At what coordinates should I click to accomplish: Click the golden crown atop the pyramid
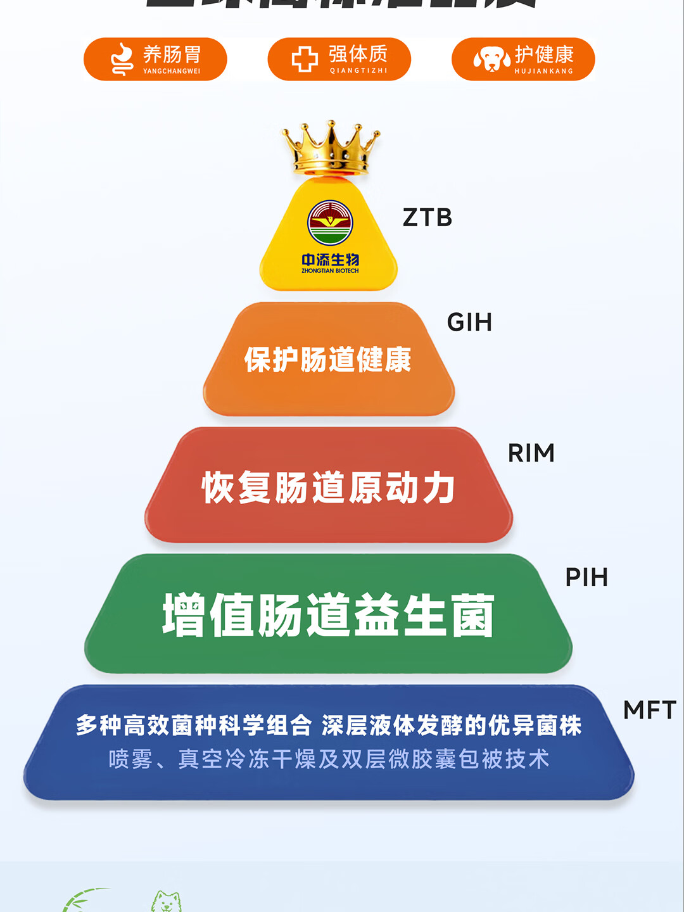click(x=331, y=149)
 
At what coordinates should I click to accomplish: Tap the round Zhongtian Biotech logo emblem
click(x=330, y=223)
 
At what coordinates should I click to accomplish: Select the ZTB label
click(x=427, y=217)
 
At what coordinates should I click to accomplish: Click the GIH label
click(x=469, y=322)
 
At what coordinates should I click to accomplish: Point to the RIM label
click(x=531, y=453)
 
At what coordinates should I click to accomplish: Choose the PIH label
click(x=586, y=577)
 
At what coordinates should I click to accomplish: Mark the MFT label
click(x=650, y=710)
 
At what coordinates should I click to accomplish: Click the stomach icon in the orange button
click(x=122, y=60)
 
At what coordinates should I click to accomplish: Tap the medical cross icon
click(x=305, y=60)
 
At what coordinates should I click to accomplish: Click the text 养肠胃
click(x=172, y=54)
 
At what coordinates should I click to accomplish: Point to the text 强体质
click(x=358, y=54)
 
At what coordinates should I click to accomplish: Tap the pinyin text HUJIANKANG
click(x=543, y=71)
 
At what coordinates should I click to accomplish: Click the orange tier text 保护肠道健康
click(x=328, y=360)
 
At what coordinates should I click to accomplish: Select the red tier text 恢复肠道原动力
click(x=328, y=488)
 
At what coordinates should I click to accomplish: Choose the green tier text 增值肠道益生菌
click(x=328, y=615)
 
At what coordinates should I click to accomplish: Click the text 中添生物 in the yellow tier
click(x=330, y=260)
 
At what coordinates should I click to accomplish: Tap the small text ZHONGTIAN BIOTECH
click(x=330, y=271)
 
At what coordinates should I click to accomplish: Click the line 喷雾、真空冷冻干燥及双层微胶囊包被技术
click(x=328, y=759)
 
